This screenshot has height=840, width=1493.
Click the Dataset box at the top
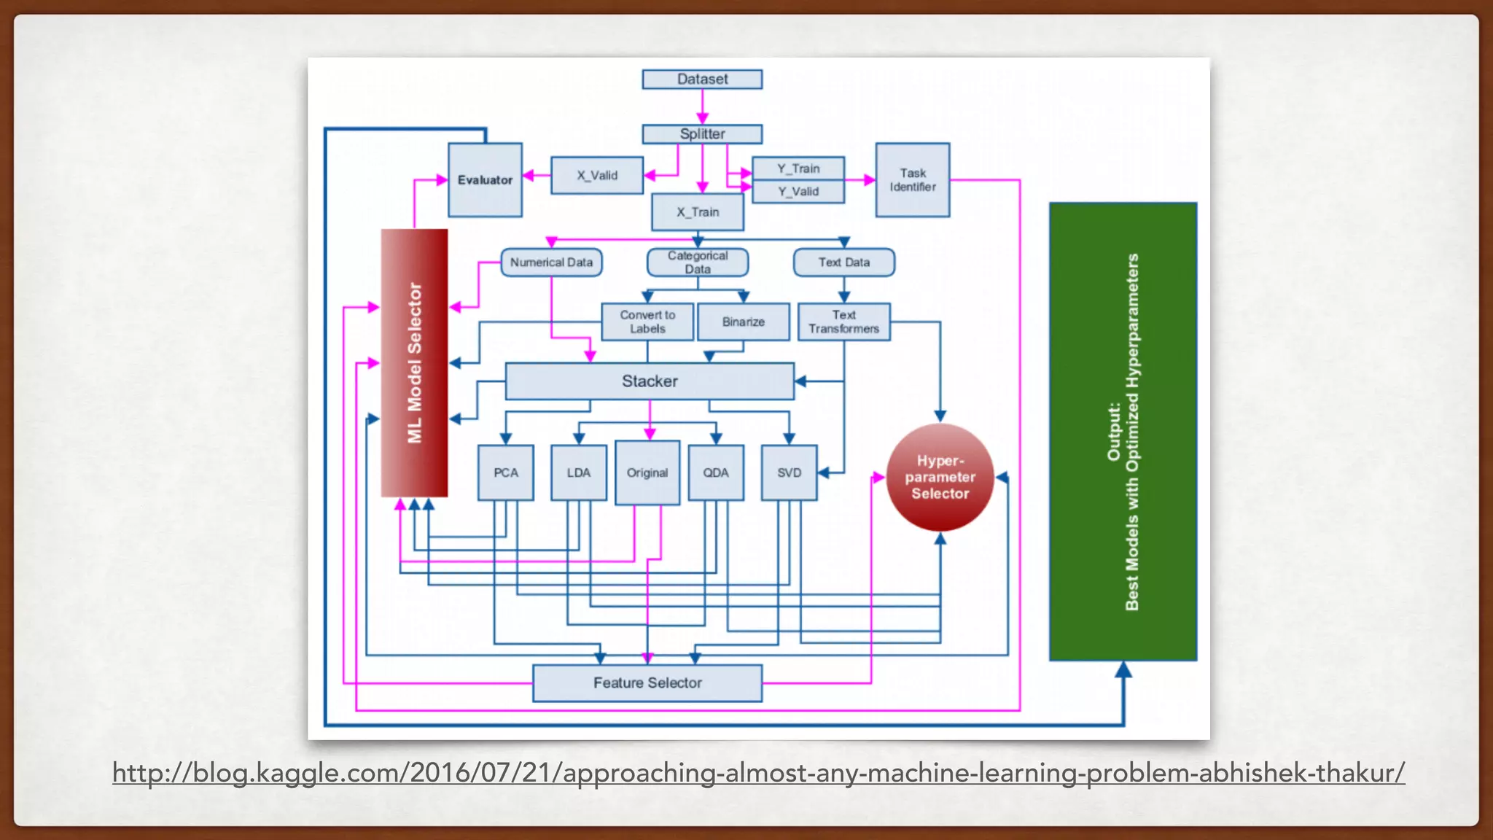click(x=702, y=79)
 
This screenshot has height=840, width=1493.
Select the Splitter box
click(x=702, y=133)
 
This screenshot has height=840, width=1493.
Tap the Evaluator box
click(x=485, y=179)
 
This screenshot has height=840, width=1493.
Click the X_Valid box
click(x=597, y=175)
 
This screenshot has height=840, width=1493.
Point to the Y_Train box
click(x=798, y=168)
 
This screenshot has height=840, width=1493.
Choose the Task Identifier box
click(x=912, y=179)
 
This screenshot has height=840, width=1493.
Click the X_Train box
click(x=698, y=211)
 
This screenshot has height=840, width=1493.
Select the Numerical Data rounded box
click(x=551, y=262)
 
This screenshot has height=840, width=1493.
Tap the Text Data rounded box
click(x=843, y=262)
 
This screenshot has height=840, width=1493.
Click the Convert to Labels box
click(x=647, y=322)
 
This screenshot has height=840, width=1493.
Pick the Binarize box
click(x=743, y=322)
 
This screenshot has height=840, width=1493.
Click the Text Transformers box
click(x=843, y=322)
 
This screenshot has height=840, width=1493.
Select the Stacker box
click(x=650, y=381)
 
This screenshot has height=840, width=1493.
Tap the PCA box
click(x=505, y=472)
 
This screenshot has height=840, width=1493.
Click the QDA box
click(x=715, y=472)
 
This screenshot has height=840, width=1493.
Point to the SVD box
click(x=789, y=472)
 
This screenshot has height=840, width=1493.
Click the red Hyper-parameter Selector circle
click(x=940, y=477)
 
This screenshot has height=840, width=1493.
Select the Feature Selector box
click(x=647, y=682)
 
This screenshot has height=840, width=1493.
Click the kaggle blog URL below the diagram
click(x=758, y=772)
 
